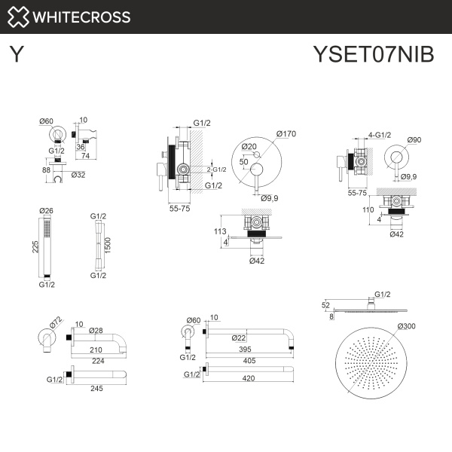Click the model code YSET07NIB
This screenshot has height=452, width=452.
[373, 56]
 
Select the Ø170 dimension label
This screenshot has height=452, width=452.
[287, 134]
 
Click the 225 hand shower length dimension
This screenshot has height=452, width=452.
[35, 247]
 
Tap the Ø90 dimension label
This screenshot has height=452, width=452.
[414, 140]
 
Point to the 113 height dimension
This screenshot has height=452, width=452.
[220, 231]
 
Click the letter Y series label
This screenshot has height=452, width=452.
[16, 56]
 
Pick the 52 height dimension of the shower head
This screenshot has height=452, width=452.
[326, 305]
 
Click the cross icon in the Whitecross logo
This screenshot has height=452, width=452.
[19, 17]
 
